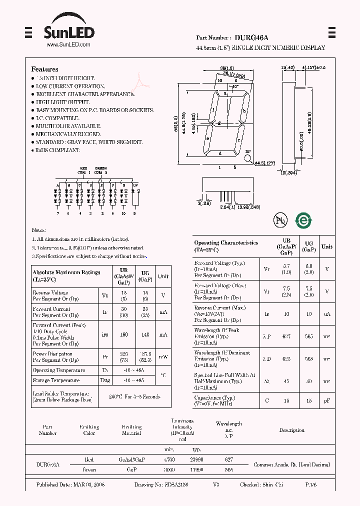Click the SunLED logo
pos(69,32)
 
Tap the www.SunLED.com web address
pos(68,45)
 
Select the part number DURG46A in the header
pos(252,37)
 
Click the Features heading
pos(44,69)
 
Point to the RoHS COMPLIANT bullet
pos(57,150)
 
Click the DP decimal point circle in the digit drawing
pos(247,158)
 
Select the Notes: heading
pos(39,230)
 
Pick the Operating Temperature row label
pos(58,370)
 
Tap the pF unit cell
pos(326,400)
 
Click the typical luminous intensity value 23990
pos(196,459)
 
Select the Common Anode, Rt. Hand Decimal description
pos(291,464)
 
